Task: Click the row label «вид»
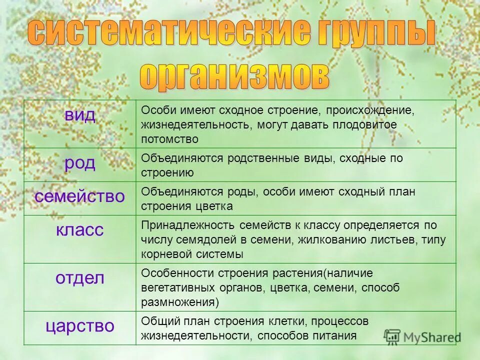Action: click(x=80, y=115)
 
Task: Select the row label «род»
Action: click(x=80, y=163)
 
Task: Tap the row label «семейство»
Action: click(x=80, y=196)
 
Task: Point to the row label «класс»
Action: click(x=80, y=230)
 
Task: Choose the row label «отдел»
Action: click(x=80, y=278)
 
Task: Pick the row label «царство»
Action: click(x=80, y=326)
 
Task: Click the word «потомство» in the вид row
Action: click(x=169, y=138)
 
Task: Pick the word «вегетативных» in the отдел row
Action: click(x=173, y=287)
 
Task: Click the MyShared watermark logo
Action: click(x=422, y=336)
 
